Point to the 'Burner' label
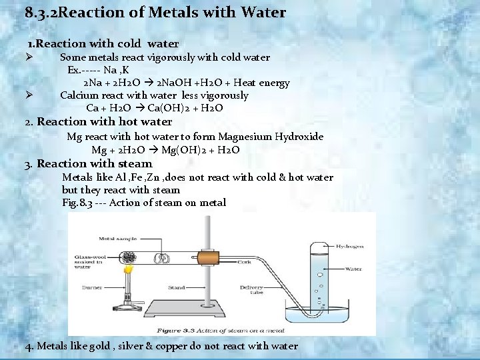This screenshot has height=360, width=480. pyautogui.click(x=92, y=288)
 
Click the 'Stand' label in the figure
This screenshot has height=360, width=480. pyautogui.click(x=177, y=288)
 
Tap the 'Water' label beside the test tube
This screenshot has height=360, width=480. pyautogui.click(x=353, y=269)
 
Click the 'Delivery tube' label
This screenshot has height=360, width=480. pyautogui.click(x=251, y=291)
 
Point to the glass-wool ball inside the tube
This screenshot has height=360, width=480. pyautogui.click(x=127, y=257)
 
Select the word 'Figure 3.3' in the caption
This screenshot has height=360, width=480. pyautogui.click(x=177, y=330)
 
